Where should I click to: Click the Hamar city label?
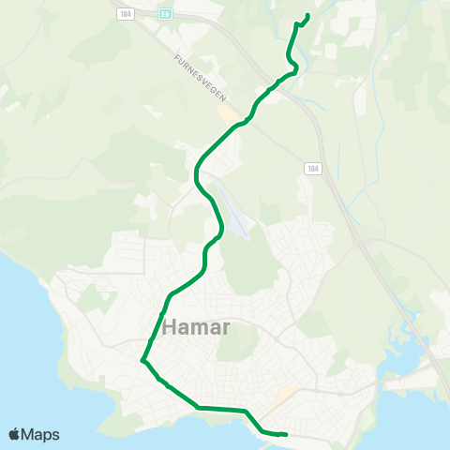coord(197,328)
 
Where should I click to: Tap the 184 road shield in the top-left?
coord(124,14)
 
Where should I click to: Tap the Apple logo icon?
coord(15,434)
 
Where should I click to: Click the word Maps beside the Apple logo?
coord(41,434)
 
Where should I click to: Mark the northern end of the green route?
coord(307,15)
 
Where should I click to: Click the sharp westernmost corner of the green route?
coord(142,359)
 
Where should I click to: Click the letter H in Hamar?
coord(172,328)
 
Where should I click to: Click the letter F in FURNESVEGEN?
coord(176,57)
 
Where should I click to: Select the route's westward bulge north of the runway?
coord(196,173)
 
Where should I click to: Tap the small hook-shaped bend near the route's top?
coord(293,67)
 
